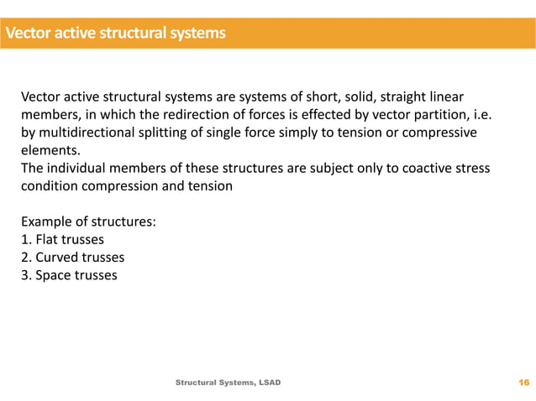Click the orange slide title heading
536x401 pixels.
[x=115, y=34]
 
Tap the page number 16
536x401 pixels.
[x=524, y=383]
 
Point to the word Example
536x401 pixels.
[x=45, y=221]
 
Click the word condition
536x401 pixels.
[x=49, y=186]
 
